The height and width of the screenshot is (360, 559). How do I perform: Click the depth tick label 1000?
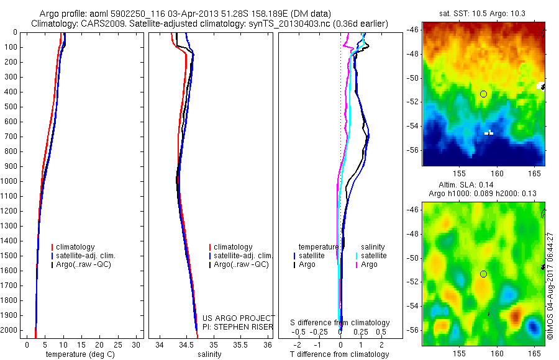point(10,181)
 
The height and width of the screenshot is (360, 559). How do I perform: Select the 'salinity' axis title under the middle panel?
point(210,354)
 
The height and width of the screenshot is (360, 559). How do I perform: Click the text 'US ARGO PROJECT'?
point(239,318)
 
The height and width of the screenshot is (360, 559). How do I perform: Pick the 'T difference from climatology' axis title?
point(339,354)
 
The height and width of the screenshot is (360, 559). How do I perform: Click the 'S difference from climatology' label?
point(340,323)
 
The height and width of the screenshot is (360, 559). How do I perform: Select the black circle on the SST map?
point(483,94)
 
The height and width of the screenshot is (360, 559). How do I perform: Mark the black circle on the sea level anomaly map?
point(483,274)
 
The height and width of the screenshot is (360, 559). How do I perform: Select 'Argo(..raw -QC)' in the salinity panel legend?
point(241,264)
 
